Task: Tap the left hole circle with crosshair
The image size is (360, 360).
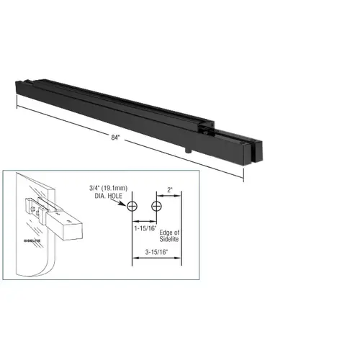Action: tap(132, 207)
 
